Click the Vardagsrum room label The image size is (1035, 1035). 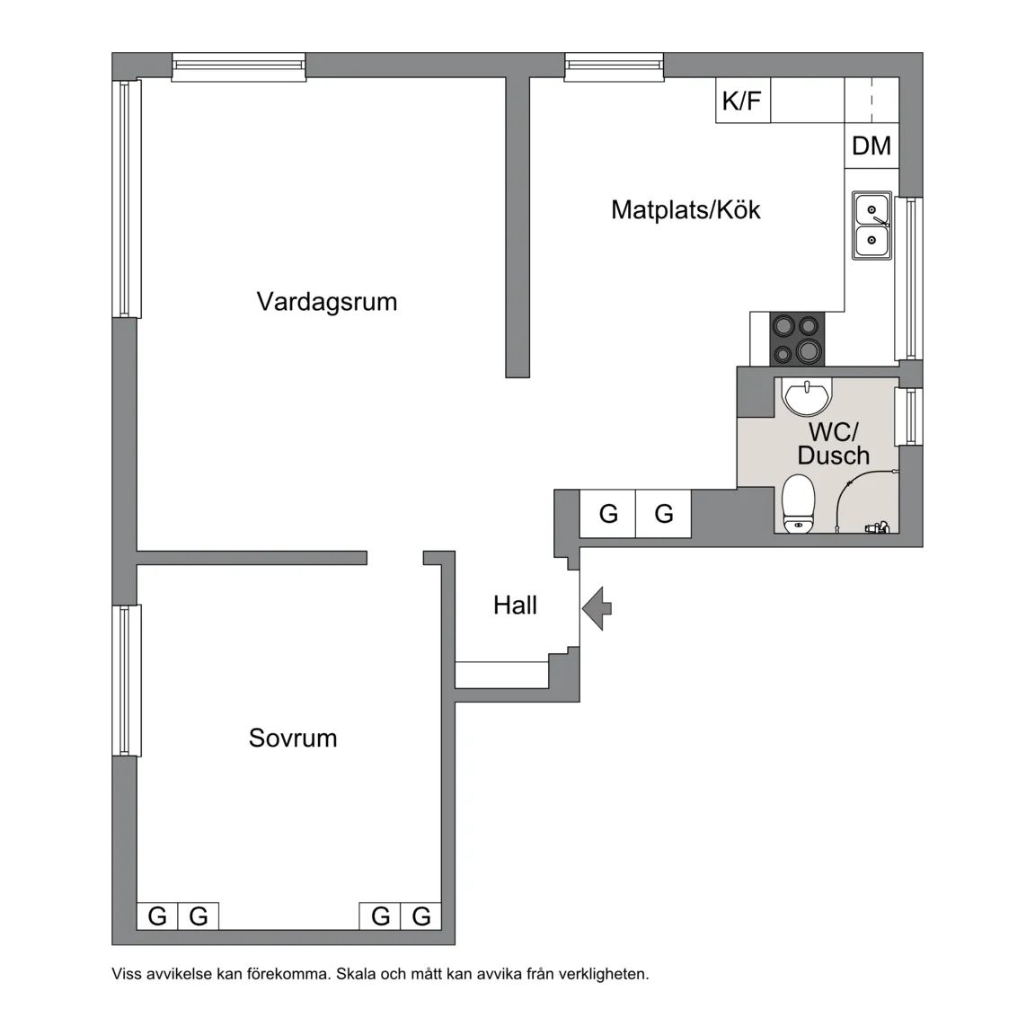click(327, 301)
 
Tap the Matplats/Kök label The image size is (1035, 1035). click(686, 210)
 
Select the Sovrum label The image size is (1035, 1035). click(293, 738)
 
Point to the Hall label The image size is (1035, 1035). click(515, 605)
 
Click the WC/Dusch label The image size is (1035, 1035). click(833, 444)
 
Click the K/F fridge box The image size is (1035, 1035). click(742, 101)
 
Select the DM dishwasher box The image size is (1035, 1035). click(871, 146)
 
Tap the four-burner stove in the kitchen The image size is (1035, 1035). click(797, 339)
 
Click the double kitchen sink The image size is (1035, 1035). click(871, 226)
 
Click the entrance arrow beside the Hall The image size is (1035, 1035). click(597, 608)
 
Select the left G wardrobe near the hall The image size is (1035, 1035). click(608, 514)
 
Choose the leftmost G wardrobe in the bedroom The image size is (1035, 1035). click(157, 916)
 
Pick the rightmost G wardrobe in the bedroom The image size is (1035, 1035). click(421, 916)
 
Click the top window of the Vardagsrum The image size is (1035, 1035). click(239, 67)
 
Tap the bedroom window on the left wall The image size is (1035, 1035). click(127, 680)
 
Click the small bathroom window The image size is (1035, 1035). click(910, 416)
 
